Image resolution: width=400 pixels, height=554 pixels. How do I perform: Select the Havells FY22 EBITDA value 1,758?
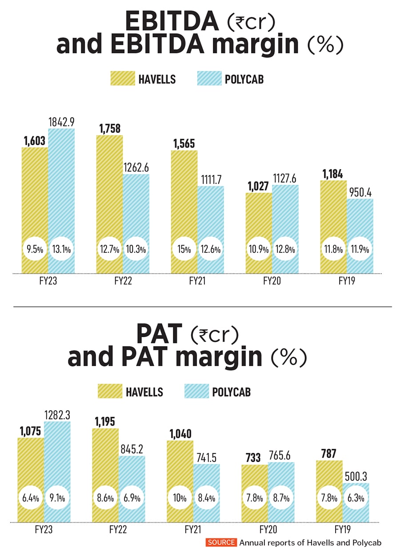click(x=109, y=128)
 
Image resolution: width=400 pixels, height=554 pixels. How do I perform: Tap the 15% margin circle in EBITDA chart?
click(x=184, y=249)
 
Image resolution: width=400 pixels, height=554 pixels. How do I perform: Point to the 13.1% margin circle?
click(x=61, y=249)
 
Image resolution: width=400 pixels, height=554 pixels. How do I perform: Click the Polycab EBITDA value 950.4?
click(x=360, y=192)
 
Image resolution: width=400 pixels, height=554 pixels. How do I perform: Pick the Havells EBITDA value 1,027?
click(x=258, y=186)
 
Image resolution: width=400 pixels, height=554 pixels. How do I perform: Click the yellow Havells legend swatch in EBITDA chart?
click(x=122, y=80)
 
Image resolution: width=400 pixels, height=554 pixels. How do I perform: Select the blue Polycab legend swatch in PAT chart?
click(x=196, y=392)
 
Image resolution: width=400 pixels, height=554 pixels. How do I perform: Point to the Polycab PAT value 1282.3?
click(x=57, y=415)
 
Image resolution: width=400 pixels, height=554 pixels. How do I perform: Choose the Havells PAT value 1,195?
click(x=105, y=421)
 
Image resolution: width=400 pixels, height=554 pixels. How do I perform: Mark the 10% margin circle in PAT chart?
click(x=180, y=498)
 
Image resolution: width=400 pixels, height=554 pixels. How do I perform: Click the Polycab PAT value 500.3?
click(x=356, y=476)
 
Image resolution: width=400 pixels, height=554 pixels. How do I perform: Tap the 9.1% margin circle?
click(x=57, y=498)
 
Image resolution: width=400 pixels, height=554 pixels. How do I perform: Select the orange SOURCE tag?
click(x=221, y=542)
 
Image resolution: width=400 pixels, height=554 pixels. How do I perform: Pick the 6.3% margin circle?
click(x=356, y=498)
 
